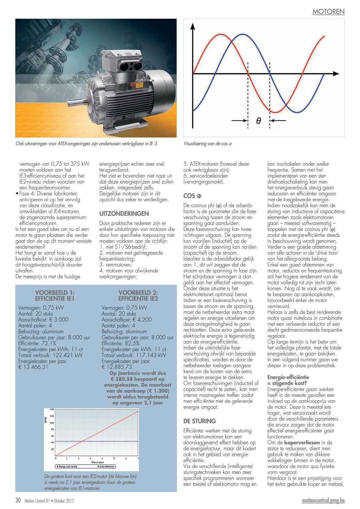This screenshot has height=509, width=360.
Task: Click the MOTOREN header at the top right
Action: (328, 12)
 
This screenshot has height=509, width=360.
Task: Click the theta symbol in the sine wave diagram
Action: (259, 120)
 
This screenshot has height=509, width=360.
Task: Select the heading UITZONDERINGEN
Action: (124, 214)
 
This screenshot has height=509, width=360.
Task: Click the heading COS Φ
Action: (192, 196)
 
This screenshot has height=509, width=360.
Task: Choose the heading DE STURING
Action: (199, 421)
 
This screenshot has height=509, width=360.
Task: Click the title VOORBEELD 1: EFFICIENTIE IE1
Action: (55, 295)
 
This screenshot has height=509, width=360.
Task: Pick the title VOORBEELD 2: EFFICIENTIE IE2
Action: (138, 295)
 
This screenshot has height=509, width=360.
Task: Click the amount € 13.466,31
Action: (33, 367)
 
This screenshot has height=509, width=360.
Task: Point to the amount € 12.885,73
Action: (117, 367)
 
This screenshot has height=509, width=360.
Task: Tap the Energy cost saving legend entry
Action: (68, 466)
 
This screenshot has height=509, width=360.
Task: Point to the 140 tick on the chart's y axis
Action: (52, 410)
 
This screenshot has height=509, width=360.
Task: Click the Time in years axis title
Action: (97, 462)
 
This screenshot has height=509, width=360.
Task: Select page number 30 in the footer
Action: (18, 500)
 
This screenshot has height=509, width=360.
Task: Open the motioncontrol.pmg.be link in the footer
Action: (323, 500)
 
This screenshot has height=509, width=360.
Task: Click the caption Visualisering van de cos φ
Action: (208, 144)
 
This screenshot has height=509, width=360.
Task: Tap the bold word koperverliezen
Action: (302, 443)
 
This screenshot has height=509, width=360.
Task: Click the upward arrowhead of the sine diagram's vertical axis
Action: (193, 27)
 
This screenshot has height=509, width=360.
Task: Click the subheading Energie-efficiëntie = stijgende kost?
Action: (288, 380)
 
